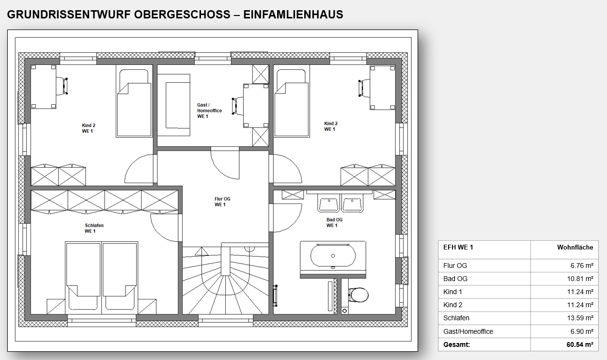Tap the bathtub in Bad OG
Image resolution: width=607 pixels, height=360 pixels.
pyautogui.click(x=333, y=256)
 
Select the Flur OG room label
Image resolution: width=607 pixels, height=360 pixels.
pyautogui.click(x=222, y=202)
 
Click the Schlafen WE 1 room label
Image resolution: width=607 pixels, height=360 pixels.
pyautogui.click(x=94, y=228)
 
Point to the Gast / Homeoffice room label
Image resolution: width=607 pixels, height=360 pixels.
pyautogui.click(x=209, y=110)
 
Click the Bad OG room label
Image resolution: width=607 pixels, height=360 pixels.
pyautogui.click(x=334, y=222)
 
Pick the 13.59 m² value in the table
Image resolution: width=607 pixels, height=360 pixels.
pyautogui.click(x=580, y=318)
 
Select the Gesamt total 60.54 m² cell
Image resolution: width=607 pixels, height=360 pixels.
pyautogui.click(x=580, y=344)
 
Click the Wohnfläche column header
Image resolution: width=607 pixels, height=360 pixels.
pyautogui.click(x=575, y=247)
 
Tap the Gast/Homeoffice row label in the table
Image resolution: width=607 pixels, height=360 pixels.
pyautogui.click(x=468, y=331)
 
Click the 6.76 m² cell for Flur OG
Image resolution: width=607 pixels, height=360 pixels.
pyautogui.click(x=582, y=266)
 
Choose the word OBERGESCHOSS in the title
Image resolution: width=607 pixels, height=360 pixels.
pyautogui.click(x=182, y=15)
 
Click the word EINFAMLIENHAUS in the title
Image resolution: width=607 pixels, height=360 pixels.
pyautogui.click(x=293, y=15)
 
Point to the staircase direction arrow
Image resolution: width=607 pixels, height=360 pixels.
pyautogui.click(x=202, y=251)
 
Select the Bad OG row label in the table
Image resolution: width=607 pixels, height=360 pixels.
pyautogui.click(x=455, y=279)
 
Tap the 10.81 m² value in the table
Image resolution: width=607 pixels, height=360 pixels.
pyautogui.click(x=580, y=279)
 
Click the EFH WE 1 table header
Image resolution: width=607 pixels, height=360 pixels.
pyautogui.click(x=458, y=247)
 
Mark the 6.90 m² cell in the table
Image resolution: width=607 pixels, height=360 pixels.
pyautogui.click(x=582, y=331)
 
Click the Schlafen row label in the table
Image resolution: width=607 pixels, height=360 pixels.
pyautogui.click(x=456, y=318)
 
